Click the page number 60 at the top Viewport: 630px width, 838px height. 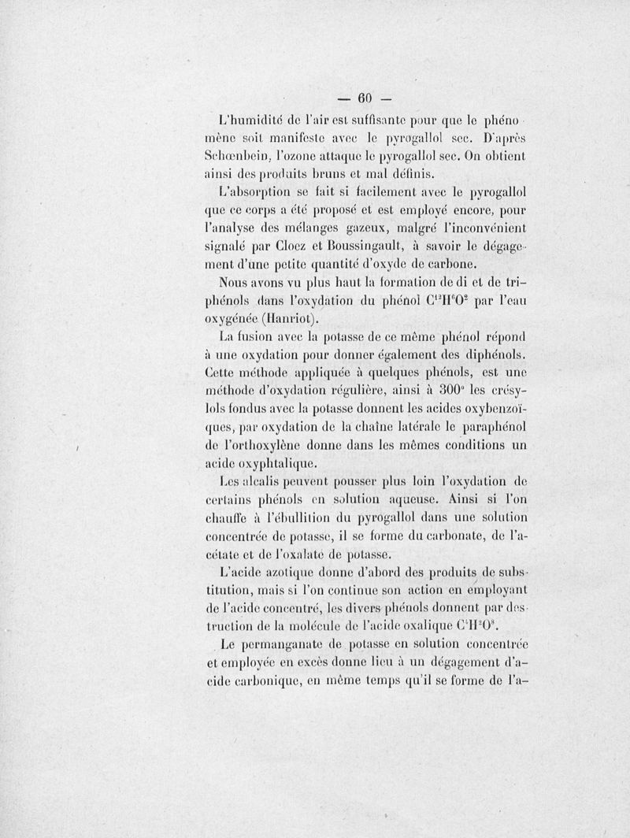tap(364, 101)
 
